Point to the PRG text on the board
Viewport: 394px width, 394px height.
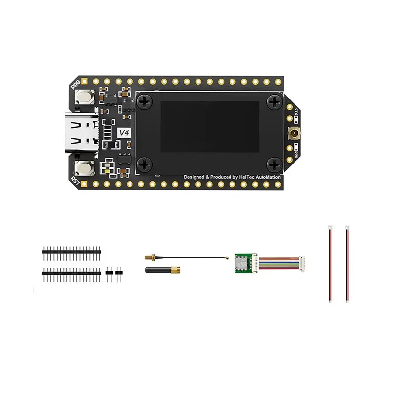pyautogui.click(x=75, y=85)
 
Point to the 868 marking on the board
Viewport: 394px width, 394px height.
pyautogui.click(x=296, y=150)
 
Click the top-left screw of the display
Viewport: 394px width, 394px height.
pyautogui.click(x=145, y=101)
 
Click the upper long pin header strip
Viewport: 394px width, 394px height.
pyautogui.click(x=72, y=251)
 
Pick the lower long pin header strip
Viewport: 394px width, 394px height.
pyautogui.click(x=72, y=271)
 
